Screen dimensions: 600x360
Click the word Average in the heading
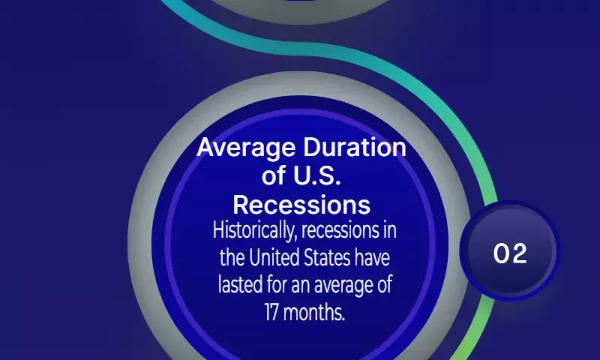[x=246, y=148]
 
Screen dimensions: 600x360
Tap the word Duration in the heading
[x=355, y=147]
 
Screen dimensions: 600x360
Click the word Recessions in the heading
[x=301, y=205]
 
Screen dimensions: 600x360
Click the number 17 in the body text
[x=271, y=312]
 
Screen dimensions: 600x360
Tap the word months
[x=314, y=312]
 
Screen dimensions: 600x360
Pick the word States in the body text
[x=327, y=257]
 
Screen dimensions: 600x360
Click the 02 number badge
[x=510, y=251]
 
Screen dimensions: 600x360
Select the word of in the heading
[x=274, y=176]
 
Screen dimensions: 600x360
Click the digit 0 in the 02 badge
[x=501, y=253]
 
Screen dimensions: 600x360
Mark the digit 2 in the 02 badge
[x=519, y=253]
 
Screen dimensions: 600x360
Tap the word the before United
[x=232, y=257]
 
